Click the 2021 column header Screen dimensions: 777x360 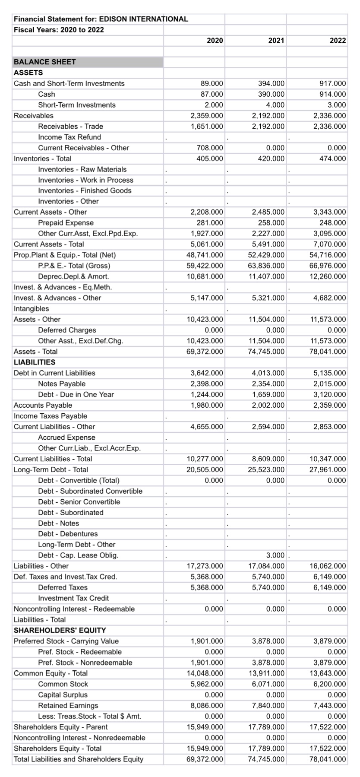click(276, 40)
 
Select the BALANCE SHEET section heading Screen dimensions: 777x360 click(45, 62)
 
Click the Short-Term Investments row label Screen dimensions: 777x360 click(77, 105)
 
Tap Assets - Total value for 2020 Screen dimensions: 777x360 click(205, 352)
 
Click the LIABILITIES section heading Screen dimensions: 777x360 click(35, 362)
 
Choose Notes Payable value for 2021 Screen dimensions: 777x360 click(268, 384)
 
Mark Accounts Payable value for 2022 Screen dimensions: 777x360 click(329, 405)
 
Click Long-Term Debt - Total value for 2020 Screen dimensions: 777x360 click(205, 469)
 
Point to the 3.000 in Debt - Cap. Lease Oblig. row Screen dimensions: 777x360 click(275, 555)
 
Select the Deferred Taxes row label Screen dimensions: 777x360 click(63, 587)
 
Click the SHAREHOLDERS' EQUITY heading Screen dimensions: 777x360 click(60, 630)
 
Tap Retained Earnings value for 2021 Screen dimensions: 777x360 click(268, 705)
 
